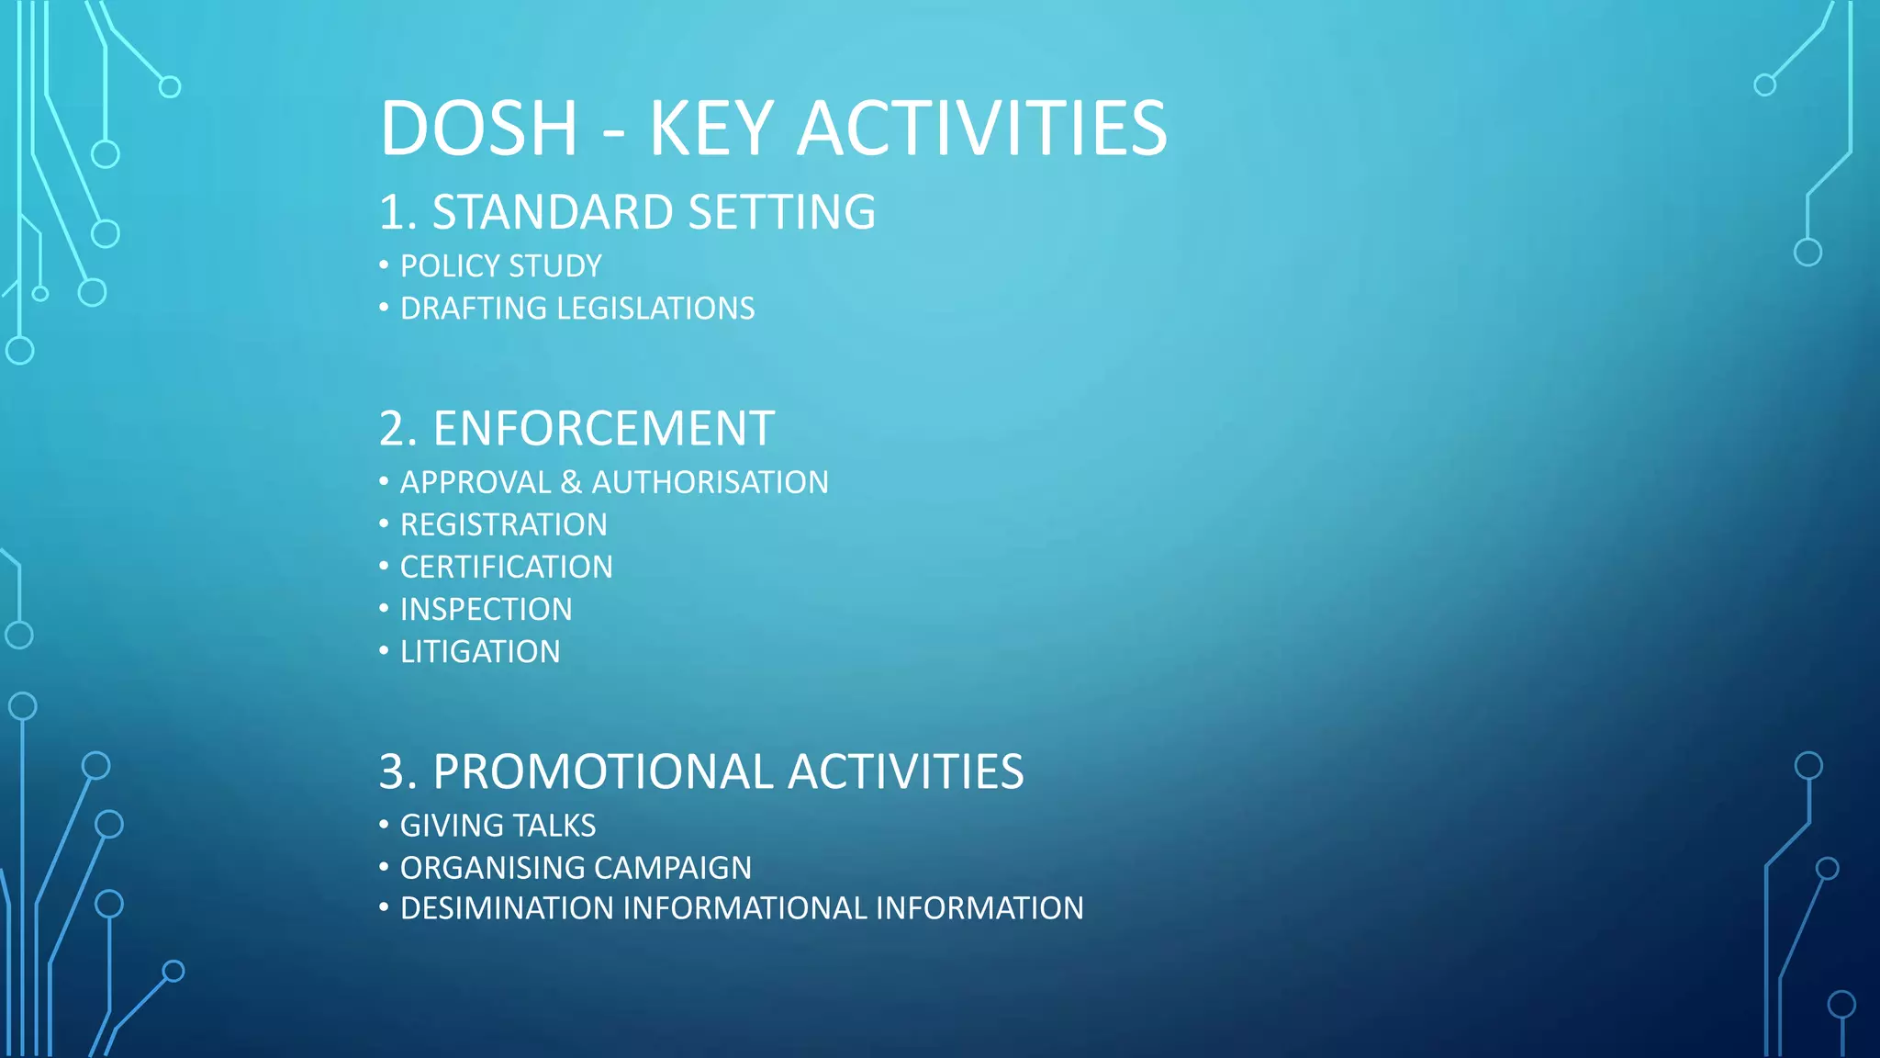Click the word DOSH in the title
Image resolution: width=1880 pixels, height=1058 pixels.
pos(478,129)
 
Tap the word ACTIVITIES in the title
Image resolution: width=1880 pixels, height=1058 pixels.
pos(981,129)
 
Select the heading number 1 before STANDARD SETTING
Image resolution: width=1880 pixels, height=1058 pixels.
pos(392,213)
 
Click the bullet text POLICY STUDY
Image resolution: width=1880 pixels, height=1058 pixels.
pos(500,266)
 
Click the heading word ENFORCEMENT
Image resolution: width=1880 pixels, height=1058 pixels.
pos(603,429)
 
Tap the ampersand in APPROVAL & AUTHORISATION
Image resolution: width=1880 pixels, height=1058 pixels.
pos(571,483)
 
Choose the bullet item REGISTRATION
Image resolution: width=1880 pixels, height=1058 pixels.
pos(503,525)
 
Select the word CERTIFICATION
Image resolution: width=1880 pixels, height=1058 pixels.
pos(506,568)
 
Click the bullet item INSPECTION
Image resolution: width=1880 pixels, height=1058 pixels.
pos(486,610)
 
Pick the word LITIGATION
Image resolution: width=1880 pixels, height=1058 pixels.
pos(480,652)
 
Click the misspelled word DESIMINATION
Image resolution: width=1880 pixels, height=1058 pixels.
pos(506,908)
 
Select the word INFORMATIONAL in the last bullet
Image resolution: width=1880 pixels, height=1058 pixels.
pos(744,908)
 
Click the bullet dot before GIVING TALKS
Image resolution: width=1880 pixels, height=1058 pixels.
pos(384,824)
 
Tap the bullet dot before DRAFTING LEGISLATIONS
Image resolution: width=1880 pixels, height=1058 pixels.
pos(384,307)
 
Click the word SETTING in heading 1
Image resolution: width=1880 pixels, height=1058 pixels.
pos(781,213)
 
